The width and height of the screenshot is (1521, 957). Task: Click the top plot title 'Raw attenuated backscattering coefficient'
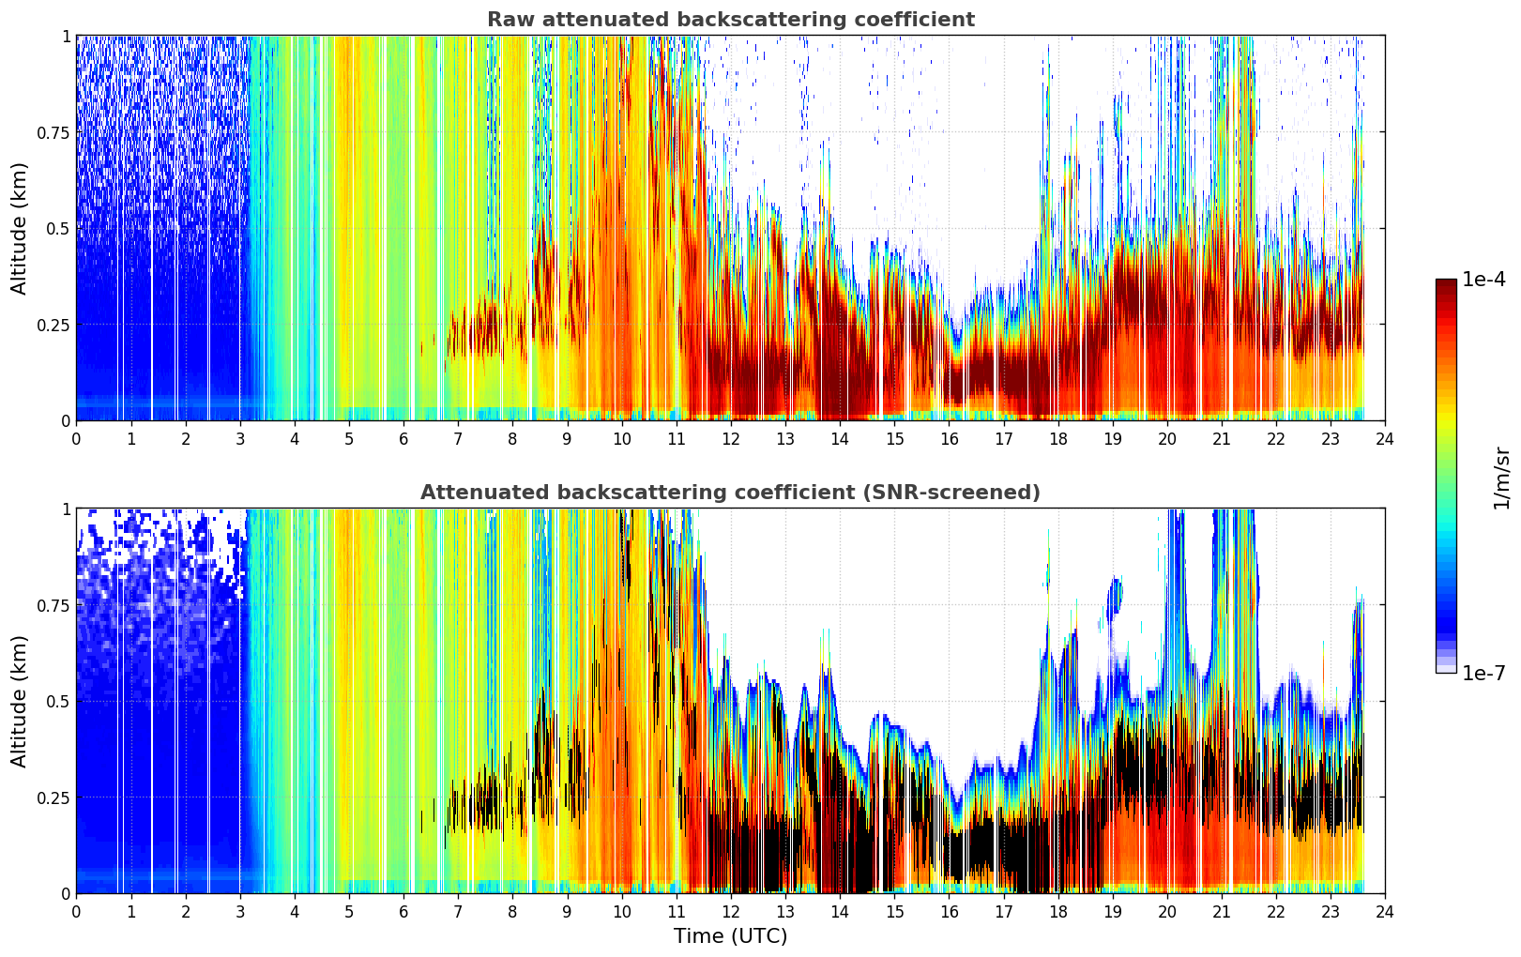click(731, 20)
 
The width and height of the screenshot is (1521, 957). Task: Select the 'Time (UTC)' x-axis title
click(731, 936)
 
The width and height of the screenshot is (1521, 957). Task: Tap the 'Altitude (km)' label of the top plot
click(19, 229)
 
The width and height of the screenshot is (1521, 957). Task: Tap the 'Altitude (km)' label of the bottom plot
click(19, 702)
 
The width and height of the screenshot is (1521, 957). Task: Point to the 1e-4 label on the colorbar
click(1483, 280)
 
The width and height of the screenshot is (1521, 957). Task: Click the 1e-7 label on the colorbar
click(1483, 674)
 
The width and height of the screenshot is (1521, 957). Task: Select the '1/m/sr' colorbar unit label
click(1501, 478)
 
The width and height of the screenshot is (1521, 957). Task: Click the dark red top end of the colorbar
click(1446, 283)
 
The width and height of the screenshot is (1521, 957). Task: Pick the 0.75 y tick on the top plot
click(53, 133)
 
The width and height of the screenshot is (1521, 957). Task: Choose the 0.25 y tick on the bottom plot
click(53, 798)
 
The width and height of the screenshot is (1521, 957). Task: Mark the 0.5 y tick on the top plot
click(59, 230)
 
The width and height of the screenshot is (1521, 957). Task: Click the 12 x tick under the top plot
click(731, 439)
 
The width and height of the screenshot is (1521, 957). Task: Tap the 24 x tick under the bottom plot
click(1385, 912)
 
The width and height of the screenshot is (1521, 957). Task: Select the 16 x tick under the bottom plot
click(950, 912)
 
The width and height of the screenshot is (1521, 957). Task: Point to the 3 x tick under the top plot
click(239, 439)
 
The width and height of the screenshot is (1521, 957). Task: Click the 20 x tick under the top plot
click(1167, 439)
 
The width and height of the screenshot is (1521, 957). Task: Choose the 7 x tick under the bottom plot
click(458, 912)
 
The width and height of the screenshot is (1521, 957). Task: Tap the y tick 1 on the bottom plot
click(67, 509)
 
